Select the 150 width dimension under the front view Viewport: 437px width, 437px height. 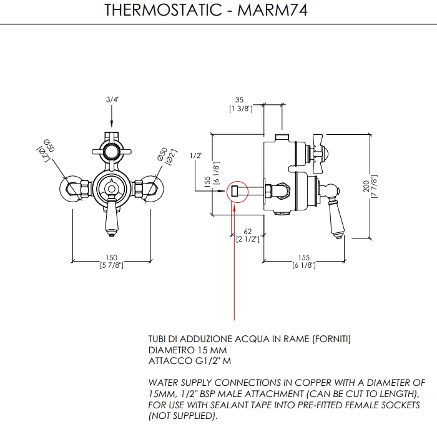click(112, 258)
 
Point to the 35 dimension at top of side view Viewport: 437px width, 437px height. click(239, 99)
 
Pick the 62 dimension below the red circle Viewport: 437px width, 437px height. click(247, 231)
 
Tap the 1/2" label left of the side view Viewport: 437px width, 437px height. click(197, 155)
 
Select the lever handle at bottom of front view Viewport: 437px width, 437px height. click(112, 219)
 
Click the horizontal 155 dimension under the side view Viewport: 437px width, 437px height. click(304, 258)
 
